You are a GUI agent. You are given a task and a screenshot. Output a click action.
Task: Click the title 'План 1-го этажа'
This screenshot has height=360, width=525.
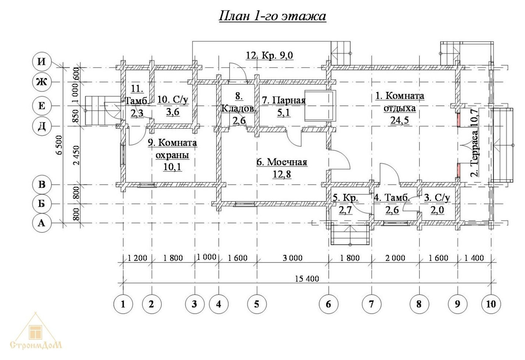click(x=272, y=16)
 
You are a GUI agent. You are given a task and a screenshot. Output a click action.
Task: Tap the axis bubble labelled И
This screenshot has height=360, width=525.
click(x=42, y=61)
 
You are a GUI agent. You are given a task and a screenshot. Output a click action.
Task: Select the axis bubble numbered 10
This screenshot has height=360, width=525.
click(x=491, y=304)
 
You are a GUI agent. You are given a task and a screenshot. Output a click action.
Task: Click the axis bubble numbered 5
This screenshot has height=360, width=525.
click(x=257, y=304)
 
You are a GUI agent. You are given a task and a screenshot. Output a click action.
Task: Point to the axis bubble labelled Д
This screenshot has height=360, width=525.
click(x=42, y=127)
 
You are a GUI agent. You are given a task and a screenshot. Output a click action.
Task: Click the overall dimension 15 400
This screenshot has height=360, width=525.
click(x=307, y=279)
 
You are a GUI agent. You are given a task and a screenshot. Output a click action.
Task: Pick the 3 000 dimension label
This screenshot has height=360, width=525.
click(x=292, y=258)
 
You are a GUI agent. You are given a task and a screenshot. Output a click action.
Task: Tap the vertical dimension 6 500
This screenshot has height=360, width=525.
click(x=59, y=145)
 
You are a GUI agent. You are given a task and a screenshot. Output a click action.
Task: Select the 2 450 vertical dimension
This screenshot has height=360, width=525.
click(x=77, y=155)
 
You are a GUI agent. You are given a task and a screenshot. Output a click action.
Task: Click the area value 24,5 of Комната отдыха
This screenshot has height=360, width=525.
click(x=399, y=120)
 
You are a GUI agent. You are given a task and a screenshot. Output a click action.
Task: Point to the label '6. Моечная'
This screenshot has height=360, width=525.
click(x=282, y=162)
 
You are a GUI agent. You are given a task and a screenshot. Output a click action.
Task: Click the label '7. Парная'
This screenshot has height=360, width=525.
click(x=283, y=100)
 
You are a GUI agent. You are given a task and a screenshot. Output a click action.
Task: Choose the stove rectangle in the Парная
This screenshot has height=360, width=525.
click(x=320, y=106)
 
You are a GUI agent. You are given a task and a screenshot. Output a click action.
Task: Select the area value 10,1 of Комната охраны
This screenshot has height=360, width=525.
click(x=172, y=167)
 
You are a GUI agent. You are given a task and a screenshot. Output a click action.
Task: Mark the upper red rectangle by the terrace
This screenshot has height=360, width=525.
click(x=459, y=120)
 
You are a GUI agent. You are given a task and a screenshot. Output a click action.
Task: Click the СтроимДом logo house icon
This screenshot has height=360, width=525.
click(x=35, y=332)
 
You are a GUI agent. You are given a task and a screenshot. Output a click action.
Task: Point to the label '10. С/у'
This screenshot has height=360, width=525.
click(x=173, y=100)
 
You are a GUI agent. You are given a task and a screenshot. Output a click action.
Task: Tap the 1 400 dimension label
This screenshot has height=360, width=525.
click(x=474, y=258)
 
